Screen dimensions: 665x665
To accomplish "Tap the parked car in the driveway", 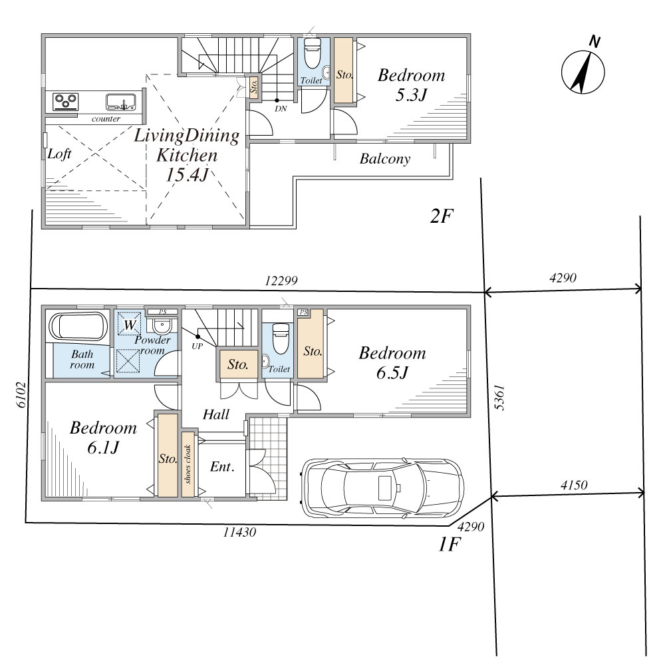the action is [x=382, y=487].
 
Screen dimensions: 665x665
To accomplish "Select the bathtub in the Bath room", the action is [x=78, y=326].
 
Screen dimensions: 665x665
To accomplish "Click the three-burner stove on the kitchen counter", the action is [x=65, y=102].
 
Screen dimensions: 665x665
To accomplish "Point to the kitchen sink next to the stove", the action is [x=121, y=102].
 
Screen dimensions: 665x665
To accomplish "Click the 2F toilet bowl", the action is [x=313, y=54].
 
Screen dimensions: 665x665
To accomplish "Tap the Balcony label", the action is [x=385, y=159].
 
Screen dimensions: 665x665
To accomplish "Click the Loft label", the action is [x=59, y=154].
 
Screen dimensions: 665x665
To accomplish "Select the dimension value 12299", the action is [x=281, y=281].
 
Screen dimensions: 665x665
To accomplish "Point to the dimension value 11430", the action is [x=239, y=532].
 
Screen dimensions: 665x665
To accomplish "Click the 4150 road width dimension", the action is [x=574, y=485].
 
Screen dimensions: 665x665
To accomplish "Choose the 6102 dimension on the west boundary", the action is [x=22, y=395].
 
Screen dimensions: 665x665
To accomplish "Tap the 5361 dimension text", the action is [x=500, y=398].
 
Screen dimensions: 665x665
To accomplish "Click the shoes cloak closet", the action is [x=188, y=464].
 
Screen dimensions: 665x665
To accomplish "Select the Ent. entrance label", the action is [x=222, y=467].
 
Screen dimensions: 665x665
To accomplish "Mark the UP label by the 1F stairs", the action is [x=198, y=346].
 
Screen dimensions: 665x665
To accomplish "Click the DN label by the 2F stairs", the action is [x=281, y=108].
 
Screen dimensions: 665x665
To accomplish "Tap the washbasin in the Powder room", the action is [x=162, y=326].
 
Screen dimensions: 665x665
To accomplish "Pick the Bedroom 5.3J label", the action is [x=412, y=85].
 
